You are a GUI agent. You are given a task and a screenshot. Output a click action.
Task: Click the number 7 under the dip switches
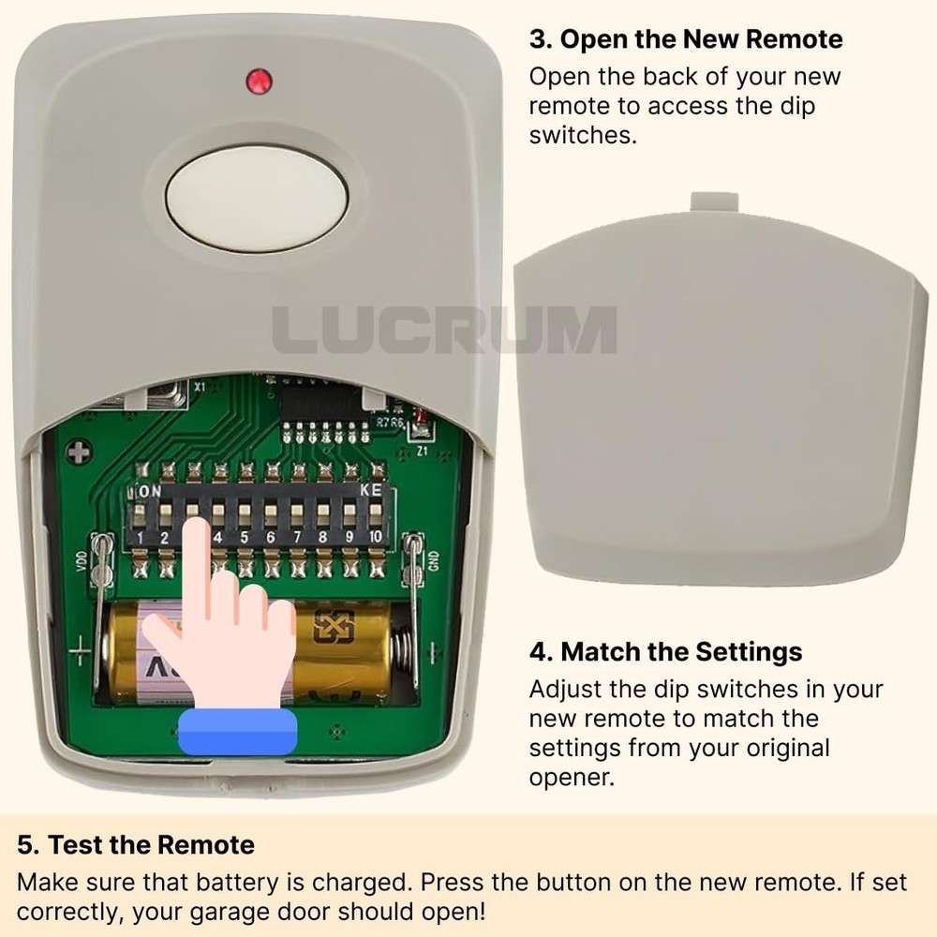(x=297, y=538)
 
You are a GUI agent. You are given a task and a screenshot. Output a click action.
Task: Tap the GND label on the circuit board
(x=433, y=559)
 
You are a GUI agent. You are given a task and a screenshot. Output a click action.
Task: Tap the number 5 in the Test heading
(x=27, y=844)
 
